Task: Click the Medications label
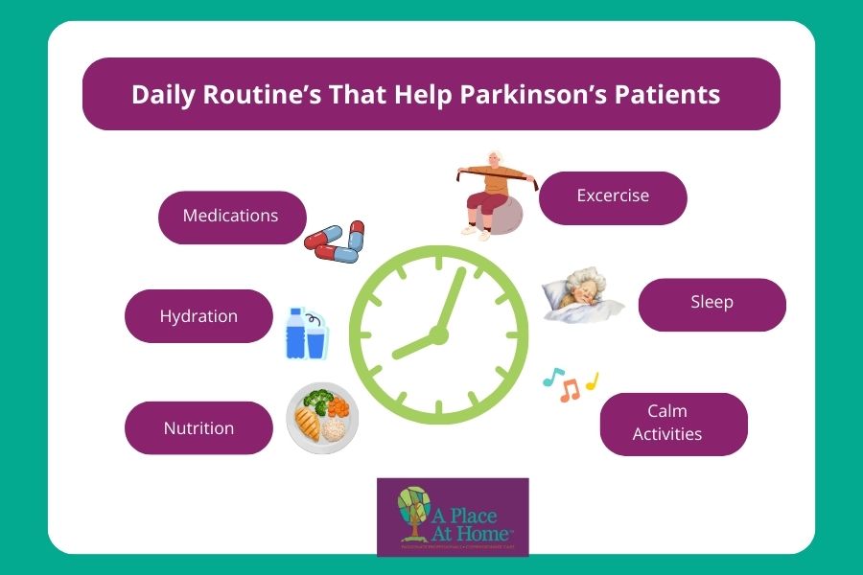pyautogui.click(x=231, y=216)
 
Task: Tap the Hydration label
pyautogui.click(x=198, y=316)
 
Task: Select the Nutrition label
pyautogui.click(x=198, y=428)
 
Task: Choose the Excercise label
pyautogui.click(x=613, y=195)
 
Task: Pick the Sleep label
pyautogui.click(x=711, y=303)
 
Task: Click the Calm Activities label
pyautogui.click(x=673, y=423)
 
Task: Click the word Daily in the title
pyautogui.click(x=163, y=95)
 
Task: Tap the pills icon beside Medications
pyautogui.click(x=334, y=241)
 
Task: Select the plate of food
pyautogui.click(x=322, y=418)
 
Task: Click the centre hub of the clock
pyautogui.click(x=438, y=334)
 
